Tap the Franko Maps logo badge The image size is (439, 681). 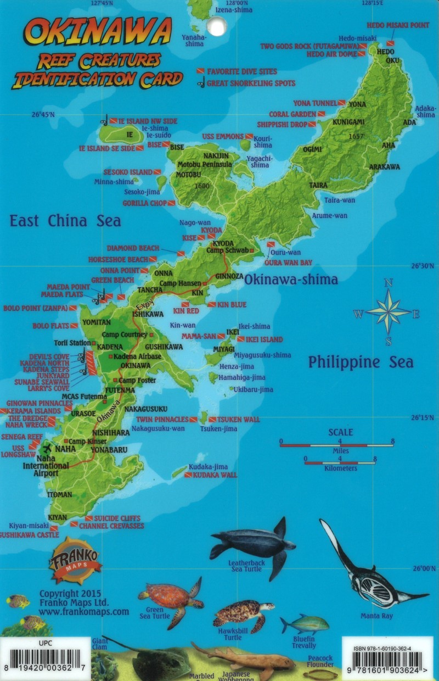(x=75, y=560)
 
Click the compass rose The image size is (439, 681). (x=388, y=312)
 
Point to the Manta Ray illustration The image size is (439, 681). (x=373, y=577)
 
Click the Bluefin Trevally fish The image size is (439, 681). (x=305, y=624)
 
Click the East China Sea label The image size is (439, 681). (x=65, y=221)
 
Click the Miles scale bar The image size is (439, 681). (x=336, y=445)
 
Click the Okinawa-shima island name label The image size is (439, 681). (x=291, y=280)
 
